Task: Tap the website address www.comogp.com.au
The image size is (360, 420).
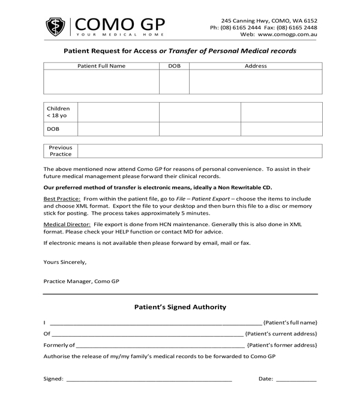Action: pos(287,35)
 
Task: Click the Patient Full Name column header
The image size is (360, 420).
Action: pos(101,66)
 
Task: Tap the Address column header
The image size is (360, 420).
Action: pos(256,66)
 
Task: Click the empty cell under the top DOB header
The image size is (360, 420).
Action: pos(174,82)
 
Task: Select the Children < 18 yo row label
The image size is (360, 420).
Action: pos(58,112)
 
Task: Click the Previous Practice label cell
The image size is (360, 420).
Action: pos(61,151)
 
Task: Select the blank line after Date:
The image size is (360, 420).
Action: pos(296,379)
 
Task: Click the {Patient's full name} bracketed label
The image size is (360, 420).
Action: pos(290,322)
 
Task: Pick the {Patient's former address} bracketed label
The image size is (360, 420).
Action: pos(282,345)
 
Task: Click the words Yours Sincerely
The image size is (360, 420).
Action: pos(65,262)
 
